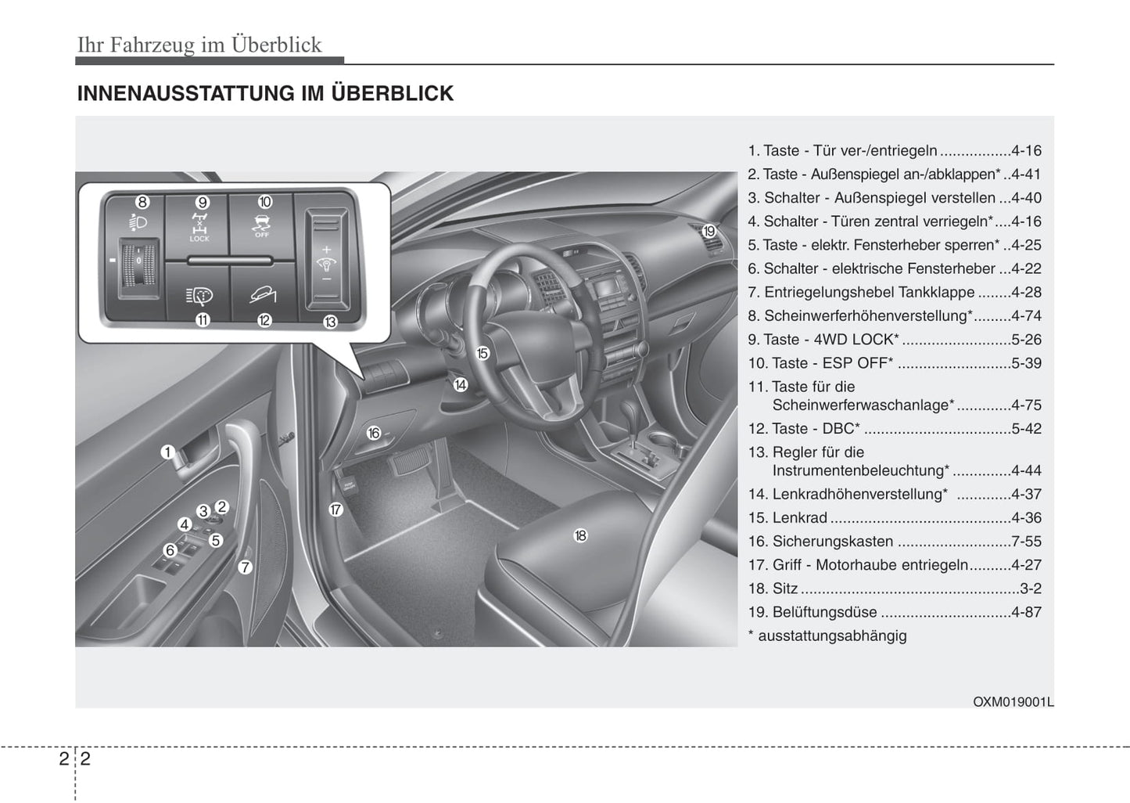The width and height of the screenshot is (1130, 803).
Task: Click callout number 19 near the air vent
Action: point(708,232)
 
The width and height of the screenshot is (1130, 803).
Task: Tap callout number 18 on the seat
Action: point(580,536)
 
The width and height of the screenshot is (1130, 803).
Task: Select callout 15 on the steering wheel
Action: point(482,354)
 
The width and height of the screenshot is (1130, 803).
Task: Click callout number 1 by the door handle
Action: point(167,452)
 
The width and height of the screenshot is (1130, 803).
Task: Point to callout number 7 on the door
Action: point(246,567)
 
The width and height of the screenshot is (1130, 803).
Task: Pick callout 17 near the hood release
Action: point(335,510)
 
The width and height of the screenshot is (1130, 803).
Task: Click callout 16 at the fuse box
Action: point(374,433)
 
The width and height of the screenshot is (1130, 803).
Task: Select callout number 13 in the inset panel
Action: point(330,322)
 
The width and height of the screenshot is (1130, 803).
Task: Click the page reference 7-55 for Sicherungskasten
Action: point(1026,542)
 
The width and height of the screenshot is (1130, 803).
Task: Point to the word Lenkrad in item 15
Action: point(799,518)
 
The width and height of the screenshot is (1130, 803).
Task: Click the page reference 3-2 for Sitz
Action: point(1031,589)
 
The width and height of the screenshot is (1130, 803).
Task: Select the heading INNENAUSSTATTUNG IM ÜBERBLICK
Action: point(265,94)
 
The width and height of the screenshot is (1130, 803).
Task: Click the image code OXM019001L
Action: point(1013,702)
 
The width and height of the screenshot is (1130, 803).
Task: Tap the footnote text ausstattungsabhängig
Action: point(832,636)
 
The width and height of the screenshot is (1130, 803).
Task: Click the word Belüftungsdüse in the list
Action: point(824,612)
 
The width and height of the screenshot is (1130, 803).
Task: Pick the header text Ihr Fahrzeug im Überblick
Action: point(199,45)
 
